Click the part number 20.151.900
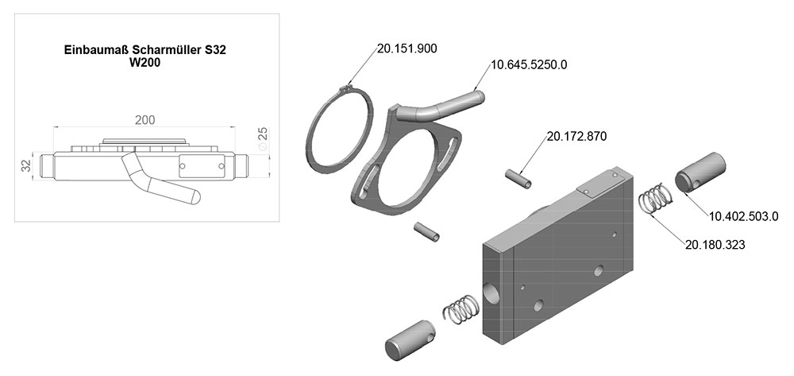pos(407,48)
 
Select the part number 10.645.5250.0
pos(529,65)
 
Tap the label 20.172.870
pos(576,136)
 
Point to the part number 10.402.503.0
pos(743,216)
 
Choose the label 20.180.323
pos(715,245)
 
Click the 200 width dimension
pos(145,119)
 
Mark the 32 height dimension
pos(26,165)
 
